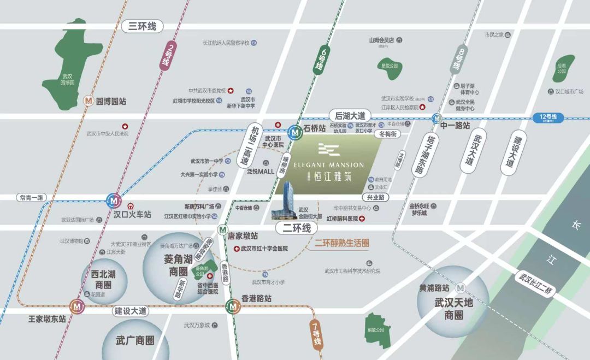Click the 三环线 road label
[x=142, y=26]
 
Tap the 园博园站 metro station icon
[x=88, y=101]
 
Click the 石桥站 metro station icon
[x=295, y=131]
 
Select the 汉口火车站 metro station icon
[x=114, y=200]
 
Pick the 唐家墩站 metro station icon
[x=222, y=229]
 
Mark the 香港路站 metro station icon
[x=233, y=306]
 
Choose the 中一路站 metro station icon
[x=436, y=117]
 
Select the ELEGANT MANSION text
[x=328, y=164]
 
